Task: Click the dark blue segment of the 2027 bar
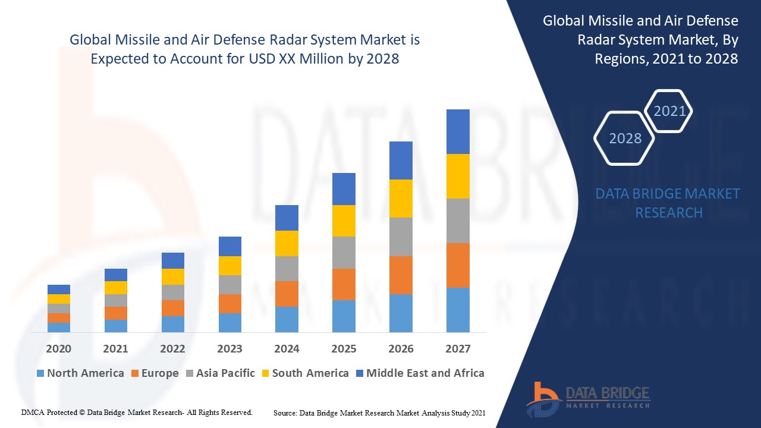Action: click(x=458, y=131)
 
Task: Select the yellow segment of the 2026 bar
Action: click(x=401, y=199)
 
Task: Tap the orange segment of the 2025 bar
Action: click(x=344, y=284)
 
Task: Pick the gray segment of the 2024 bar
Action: click(x=287, y=269)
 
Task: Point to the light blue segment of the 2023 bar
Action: click(x=230, y=322)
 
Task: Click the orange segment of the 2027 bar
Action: click(x=458, y=265)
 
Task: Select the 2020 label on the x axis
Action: click(x=58, y=348)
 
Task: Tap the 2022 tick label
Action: click(x=172, y=348)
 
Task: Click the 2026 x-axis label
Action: click(x=401, y=348)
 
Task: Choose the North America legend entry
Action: click(x=80, y=373)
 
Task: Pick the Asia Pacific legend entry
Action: click(x=220, y=373)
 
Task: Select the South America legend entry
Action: click(x=304, y=373)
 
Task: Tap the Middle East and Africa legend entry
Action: click(x=419, y=373)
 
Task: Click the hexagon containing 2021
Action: click(x=669, y=111)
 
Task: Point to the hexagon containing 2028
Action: click(x=625, y=139)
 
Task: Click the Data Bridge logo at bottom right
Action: click(x=588, y=398)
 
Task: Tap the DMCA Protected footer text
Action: click(x=137, y=412)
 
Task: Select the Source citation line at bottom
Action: click(x=379, y=413)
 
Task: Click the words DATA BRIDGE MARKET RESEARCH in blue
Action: click(x=668, y=203)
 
